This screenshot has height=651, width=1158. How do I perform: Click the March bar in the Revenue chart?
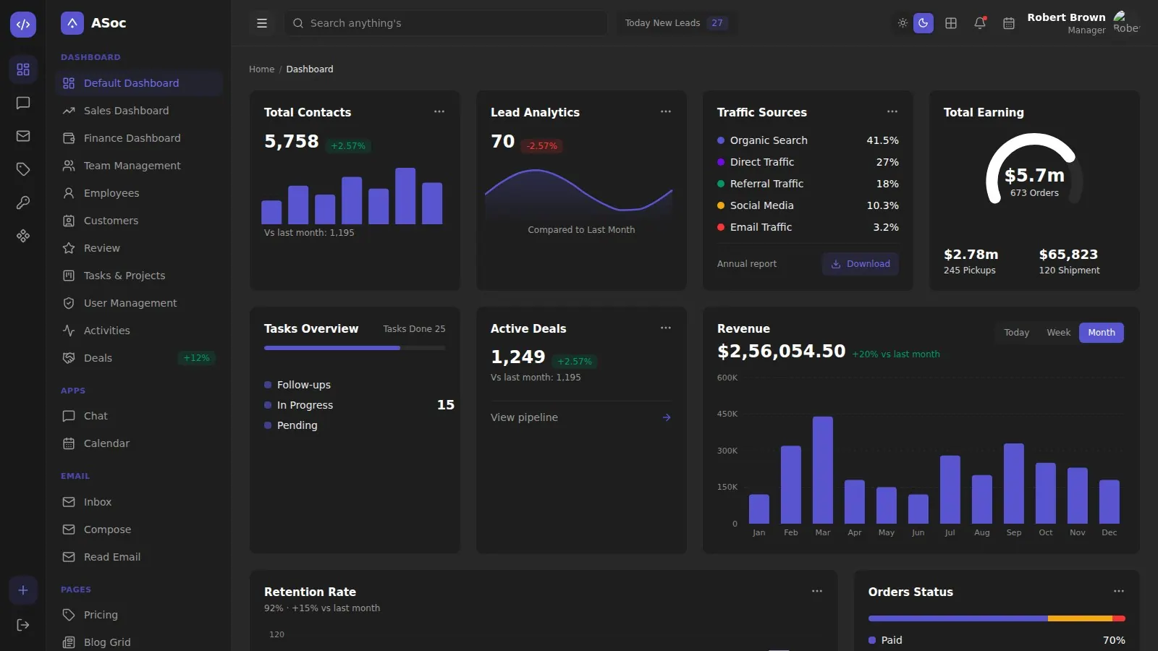click(822, 469)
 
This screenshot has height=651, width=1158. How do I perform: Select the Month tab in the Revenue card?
click(1101, 333)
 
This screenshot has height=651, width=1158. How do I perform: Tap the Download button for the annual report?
click(861, 264)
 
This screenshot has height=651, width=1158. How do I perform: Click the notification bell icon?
click(980, 23)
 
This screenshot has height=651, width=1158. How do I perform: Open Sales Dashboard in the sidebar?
click(126, 111)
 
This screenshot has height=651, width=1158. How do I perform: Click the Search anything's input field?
click(446, 23)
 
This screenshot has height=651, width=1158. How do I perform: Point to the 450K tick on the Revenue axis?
click(727, 414)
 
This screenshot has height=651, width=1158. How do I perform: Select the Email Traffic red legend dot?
click(721, 227)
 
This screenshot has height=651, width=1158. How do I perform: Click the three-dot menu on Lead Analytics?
click(665, 111)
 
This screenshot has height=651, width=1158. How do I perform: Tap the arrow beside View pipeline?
click(667, 417)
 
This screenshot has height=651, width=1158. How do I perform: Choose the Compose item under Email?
click(107, 529)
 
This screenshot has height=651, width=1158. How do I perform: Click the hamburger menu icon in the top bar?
click(262, 23)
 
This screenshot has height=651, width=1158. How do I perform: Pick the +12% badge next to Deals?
click(196, 358)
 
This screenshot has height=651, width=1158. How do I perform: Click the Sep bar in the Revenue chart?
click(1014, 483)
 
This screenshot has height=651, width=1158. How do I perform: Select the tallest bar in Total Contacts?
click(405, 196)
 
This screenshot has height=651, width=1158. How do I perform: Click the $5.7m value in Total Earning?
click(1034, 176)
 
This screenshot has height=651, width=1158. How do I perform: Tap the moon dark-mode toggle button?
click(924, 23)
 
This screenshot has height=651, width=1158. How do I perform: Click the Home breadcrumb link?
click(261, 69)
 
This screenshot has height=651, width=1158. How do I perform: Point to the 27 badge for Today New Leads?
click(717, 23)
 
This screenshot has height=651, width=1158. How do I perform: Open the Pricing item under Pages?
click(101, 615)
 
